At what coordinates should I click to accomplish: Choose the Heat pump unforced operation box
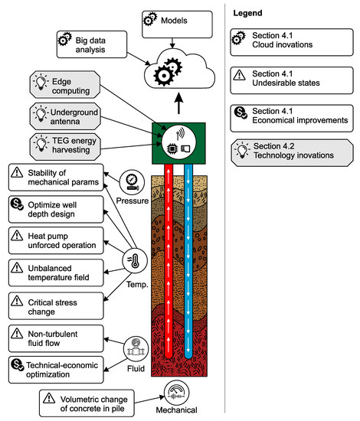[55, 240]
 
